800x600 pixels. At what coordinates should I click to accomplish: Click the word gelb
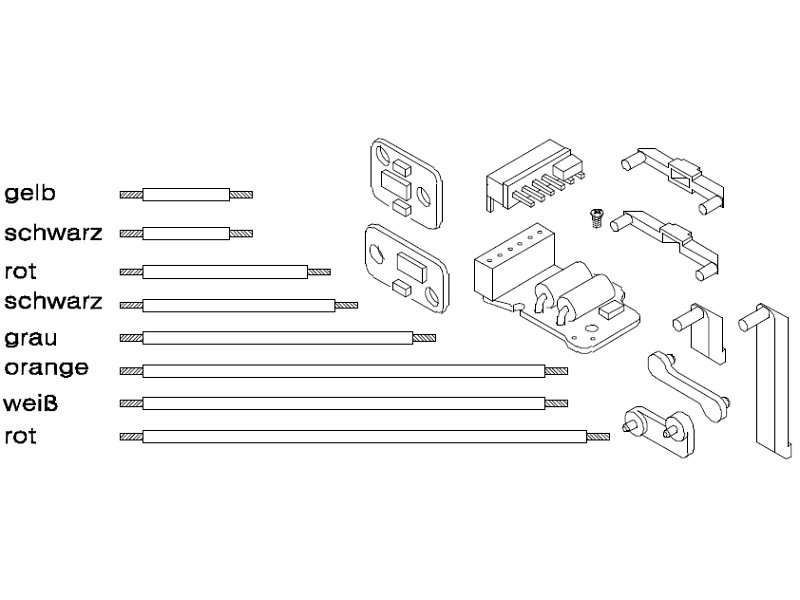coord(30,193)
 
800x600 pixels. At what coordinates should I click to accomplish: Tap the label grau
coord(31,338)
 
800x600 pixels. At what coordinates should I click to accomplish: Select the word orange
coord(46,368)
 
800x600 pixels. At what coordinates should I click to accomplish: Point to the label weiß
coord(31,403)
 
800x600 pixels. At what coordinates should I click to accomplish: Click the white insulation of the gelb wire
coord(186,194)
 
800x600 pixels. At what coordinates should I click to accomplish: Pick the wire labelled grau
coord(278,338)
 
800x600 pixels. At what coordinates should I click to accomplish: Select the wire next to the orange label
coord(343,371)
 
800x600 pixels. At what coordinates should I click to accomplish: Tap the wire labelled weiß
coord(343,404)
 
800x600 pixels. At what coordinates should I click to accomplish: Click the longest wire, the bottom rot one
coord(364,437)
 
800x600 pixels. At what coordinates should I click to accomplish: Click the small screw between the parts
coord(596,218)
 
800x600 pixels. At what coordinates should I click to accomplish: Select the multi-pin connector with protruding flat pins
coord(534,175)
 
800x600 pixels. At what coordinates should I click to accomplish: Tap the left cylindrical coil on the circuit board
coord(553,286)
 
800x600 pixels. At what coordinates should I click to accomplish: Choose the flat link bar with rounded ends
coord(688,386)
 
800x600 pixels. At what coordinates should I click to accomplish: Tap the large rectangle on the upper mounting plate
coord(395,185)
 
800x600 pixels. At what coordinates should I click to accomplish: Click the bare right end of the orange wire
coord(556,371)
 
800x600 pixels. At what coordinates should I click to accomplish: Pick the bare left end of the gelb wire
coord(131,194)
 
